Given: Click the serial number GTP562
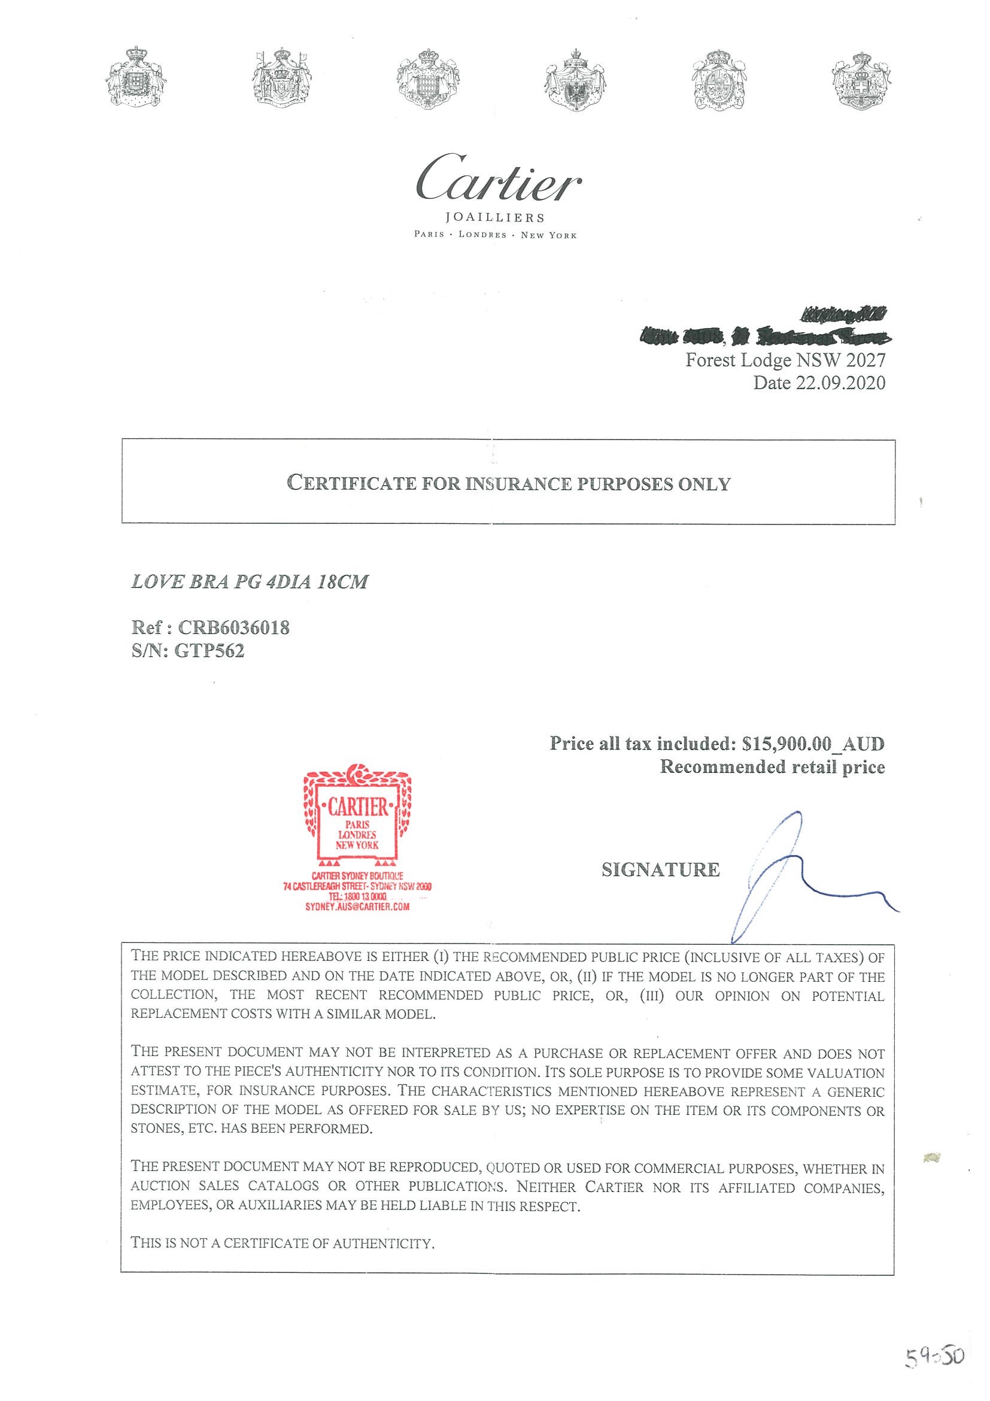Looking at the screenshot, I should [x=209, y=651].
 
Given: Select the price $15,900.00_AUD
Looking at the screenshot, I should [x=813, y=743].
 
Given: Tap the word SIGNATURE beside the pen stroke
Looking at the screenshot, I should [x=660, y=869].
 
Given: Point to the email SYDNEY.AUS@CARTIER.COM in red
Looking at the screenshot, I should [x=357, y=906].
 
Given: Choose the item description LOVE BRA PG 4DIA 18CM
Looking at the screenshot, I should [x=250, y=581].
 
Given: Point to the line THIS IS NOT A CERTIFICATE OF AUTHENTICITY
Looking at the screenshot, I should [x=283, y=1243].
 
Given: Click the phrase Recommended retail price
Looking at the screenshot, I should [x=772, y=767].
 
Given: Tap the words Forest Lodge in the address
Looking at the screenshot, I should [x=738, y=360].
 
